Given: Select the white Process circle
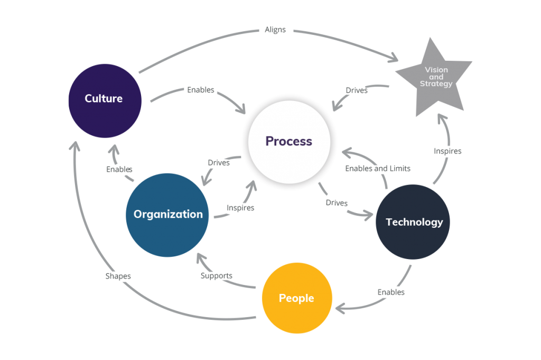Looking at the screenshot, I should (288, 141).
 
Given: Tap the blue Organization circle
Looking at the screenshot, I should (168, 214).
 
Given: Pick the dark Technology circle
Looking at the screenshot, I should (413, 222).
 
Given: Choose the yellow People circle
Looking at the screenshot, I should (296, 298).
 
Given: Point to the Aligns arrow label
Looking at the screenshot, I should (275, 30).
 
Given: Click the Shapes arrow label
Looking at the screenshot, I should (118, 276).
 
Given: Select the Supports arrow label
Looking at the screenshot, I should (217, 275).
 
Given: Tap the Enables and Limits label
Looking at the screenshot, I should (377, 168).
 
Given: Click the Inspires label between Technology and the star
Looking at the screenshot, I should (447, 151).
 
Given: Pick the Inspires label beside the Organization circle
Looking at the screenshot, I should (240, 208).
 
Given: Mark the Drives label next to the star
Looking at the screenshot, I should (357, 90).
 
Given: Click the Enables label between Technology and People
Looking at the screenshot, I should (391, 292).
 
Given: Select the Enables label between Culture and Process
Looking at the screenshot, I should (200, 90).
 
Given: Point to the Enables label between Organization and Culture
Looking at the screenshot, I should (119, 170).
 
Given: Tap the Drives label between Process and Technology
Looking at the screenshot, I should (337, 203).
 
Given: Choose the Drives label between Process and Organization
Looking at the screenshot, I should (219, 162).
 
